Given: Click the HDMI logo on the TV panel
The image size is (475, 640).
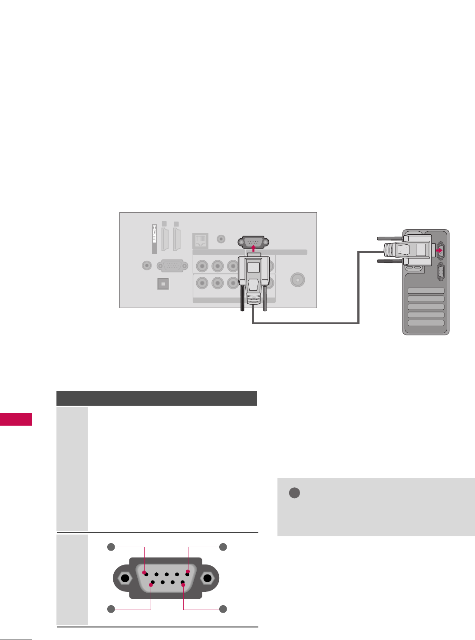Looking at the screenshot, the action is point(154,239).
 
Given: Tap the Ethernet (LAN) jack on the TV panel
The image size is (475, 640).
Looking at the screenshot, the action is point(200,240).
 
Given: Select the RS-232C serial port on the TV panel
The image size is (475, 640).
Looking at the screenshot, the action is point(253,242).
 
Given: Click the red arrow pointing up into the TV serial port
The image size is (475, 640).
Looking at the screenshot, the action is point(253,249).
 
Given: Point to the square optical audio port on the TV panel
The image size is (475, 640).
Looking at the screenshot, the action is point(163,284).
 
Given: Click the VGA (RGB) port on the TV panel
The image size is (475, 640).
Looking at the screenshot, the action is point(172,265).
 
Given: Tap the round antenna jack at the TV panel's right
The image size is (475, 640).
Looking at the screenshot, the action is point(297,279).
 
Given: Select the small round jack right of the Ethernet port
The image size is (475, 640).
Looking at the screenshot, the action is point(221,238).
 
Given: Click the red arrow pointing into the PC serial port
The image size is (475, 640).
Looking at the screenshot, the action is point(439,250).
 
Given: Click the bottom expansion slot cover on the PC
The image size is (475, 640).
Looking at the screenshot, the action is point(426,323).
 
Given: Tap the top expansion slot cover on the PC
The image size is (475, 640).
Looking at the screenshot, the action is point(426,291).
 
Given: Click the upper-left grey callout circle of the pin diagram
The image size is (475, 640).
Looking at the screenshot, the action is point(111,547).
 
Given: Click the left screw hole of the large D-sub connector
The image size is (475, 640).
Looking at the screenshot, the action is point(125,578).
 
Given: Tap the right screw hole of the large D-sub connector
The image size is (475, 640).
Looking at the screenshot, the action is point(207,578).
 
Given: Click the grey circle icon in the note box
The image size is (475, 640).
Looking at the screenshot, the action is point(294,493).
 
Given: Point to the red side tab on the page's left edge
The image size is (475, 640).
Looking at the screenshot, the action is point(16,420).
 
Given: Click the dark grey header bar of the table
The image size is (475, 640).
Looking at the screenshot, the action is point(157,398).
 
